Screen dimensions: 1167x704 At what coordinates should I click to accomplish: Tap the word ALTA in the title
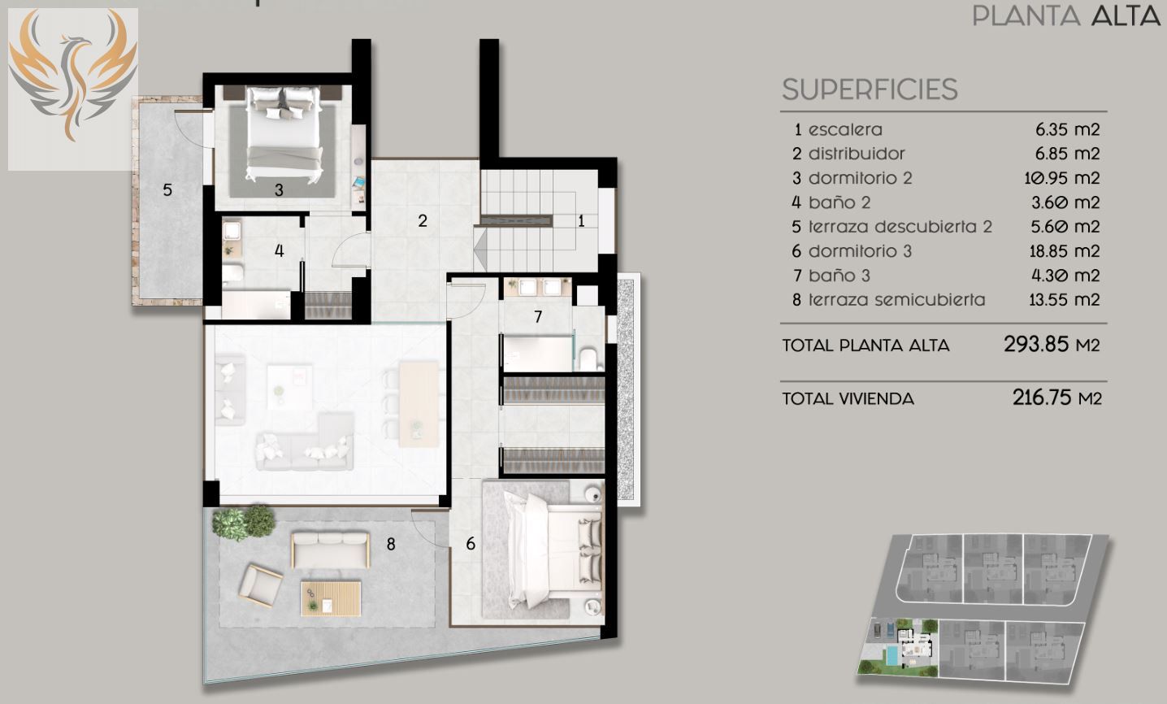point(1126,15)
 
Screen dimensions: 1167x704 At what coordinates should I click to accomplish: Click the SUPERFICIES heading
point(870,89)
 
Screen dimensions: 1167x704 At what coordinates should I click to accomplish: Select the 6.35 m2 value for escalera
point(1067,129)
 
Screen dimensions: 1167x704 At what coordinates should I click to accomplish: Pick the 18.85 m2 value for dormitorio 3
point(1064,251)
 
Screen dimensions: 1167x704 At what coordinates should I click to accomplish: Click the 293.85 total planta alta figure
point(1035,344)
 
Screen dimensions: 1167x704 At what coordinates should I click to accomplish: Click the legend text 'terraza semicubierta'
point(896,300)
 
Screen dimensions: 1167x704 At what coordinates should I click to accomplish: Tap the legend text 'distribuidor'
point(857,154)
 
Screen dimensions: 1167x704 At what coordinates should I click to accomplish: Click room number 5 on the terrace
point(167,189)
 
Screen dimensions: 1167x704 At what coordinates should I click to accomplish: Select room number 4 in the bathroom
point(280,250)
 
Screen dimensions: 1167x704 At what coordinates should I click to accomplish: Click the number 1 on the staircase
point(581,221)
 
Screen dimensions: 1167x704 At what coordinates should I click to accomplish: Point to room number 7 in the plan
point(538,316)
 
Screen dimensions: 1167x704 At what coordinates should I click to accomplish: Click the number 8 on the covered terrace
point(391,544)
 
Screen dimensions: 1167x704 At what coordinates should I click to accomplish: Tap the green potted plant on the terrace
point(243,521)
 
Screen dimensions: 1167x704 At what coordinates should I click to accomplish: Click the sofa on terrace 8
point(330,550)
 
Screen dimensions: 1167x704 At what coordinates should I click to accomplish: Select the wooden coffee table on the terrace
point(331,599)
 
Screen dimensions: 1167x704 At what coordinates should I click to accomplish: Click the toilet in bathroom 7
point(588,359)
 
